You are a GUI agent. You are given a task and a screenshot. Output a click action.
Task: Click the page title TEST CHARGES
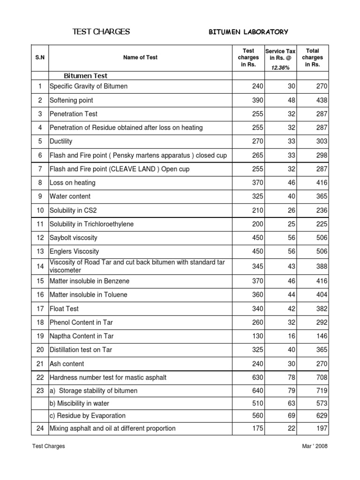101,32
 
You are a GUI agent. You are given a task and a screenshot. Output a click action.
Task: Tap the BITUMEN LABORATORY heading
248,32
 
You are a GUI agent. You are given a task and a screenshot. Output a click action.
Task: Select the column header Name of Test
140,58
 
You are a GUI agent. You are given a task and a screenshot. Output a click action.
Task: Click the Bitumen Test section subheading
85,76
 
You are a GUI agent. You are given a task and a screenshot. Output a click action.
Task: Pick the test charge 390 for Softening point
257,100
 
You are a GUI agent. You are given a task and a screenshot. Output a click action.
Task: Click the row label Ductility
61,141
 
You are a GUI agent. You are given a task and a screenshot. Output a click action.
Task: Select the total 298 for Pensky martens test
322,155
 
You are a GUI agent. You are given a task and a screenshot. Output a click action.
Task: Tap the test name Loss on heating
72,183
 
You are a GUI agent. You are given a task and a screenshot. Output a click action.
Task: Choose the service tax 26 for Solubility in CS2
291,210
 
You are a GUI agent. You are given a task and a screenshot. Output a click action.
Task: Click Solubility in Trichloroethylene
91,224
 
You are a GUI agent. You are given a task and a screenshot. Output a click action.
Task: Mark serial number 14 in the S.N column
40,266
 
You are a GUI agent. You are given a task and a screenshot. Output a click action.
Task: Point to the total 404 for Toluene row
322,295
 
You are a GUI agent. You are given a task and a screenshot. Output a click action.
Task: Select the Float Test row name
64,308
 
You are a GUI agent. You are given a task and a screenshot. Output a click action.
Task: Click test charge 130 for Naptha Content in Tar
257,336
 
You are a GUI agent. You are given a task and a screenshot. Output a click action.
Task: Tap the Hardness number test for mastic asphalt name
108,377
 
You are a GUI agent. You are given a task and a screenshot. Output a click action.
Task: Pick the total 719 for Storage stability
322,390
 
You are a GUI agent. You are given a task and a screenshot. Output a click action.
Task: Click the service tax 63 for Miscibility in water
291,403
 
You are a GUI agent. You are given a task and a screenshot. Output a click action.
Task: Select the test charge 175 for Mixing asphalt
257,428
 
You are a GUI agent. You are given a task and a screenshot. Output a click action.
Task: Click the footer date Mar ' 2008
315,446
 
